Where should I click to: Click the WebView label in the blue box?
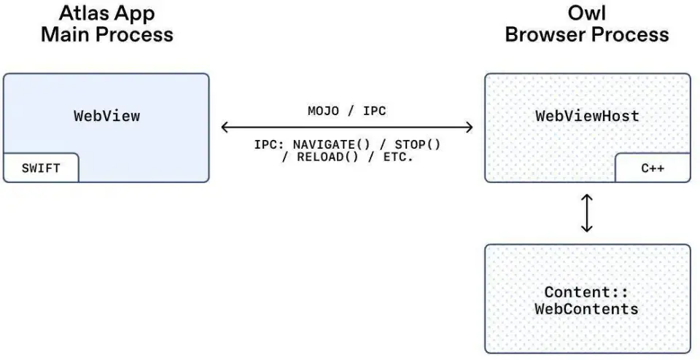[x=106, y=116]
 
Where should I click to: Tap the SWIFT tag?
[x=41, y=168]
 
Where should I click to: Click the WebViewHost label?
[x=587, y=116]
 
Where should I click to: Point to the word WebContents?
[x=587, y=308]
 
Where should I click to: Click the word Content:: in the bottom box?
[x=587, y=292]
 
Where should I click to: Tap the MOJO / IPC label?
[x=346, y=111]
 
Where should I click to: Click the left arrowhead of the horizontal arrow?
[x=225, y=128]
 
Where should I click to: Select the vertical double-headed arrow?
[x=587, y=213]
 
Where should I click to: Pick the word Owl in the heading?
[x=587, y=14]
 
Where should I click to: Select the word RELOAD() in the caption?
[x=320, y=157]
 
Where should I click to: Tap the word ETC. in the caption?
[x=397, y=157]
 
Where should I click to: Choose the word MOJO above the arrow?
[x=323, y=111]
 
